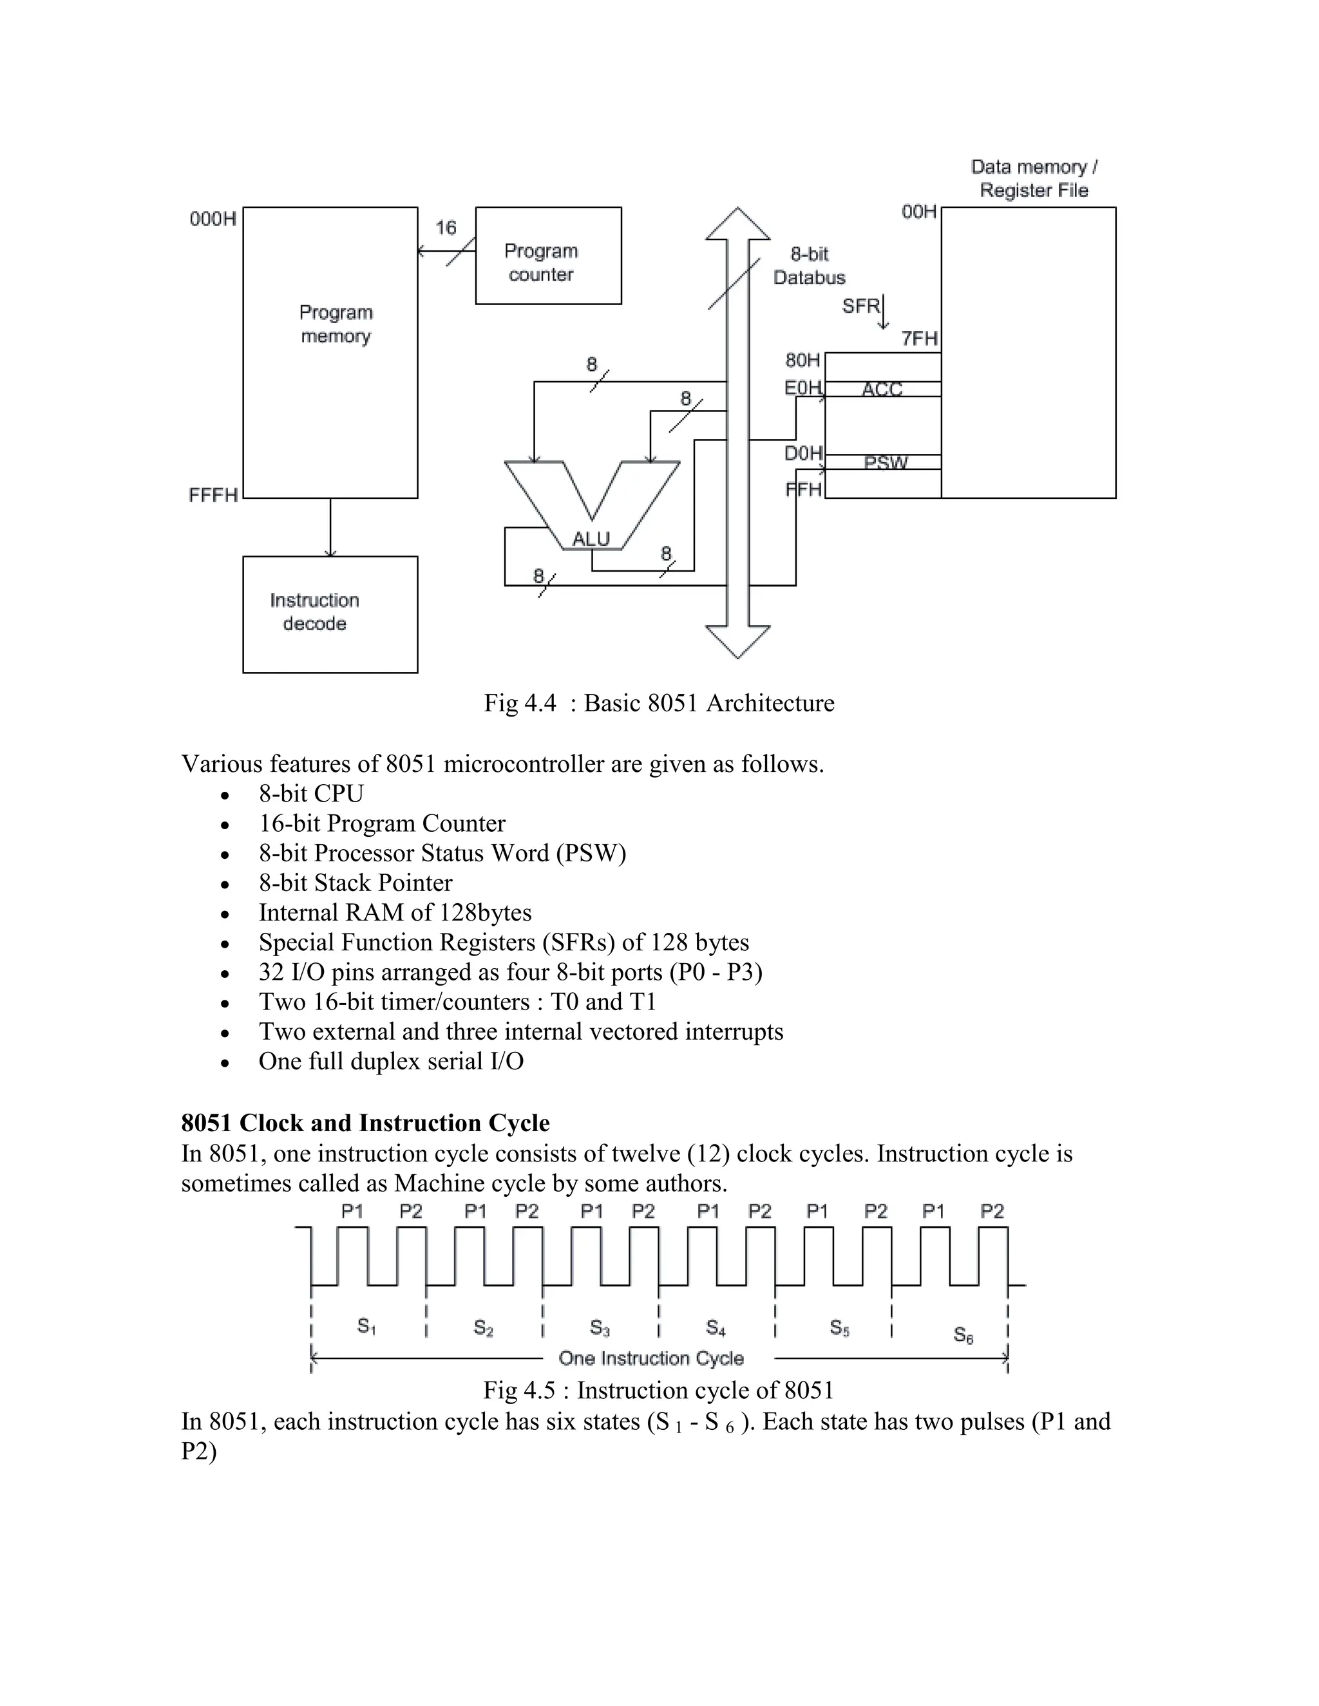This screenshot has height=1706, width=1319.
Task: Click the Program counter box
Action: point(548,256)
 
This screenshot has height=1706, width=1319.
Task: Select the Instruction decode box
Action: point(330,614)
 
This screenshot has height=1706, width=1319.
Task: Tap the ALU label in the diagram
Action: point(591,539)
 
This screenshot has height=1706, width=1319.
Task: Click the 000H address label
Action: point(213,219)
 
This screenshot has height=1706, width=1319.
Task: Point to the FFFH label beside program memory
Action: point(213,495)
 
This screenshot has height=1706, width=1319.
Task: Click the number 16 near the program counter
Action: point(446,227)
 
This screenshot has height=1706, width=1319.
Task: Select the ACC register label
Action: point(882,389)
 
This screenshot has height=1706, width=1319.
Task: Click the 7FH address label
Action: point(919,338)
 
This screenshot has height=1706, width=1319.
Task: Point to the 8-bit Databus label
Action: point(809,266)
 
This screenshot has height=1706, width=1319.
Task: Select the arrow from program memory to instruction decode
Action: point(330,528)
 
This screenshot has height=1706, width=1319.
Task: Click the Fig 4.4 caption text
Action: point(659,703)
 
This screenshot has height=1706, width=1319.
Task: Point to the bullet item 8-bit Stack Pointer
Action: point(356,883)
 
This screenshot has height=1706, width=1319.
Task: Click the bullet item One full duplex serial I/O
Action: point(391,1061)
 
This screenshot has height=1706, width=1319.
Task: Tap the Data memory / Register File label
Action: point(1033,178)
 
